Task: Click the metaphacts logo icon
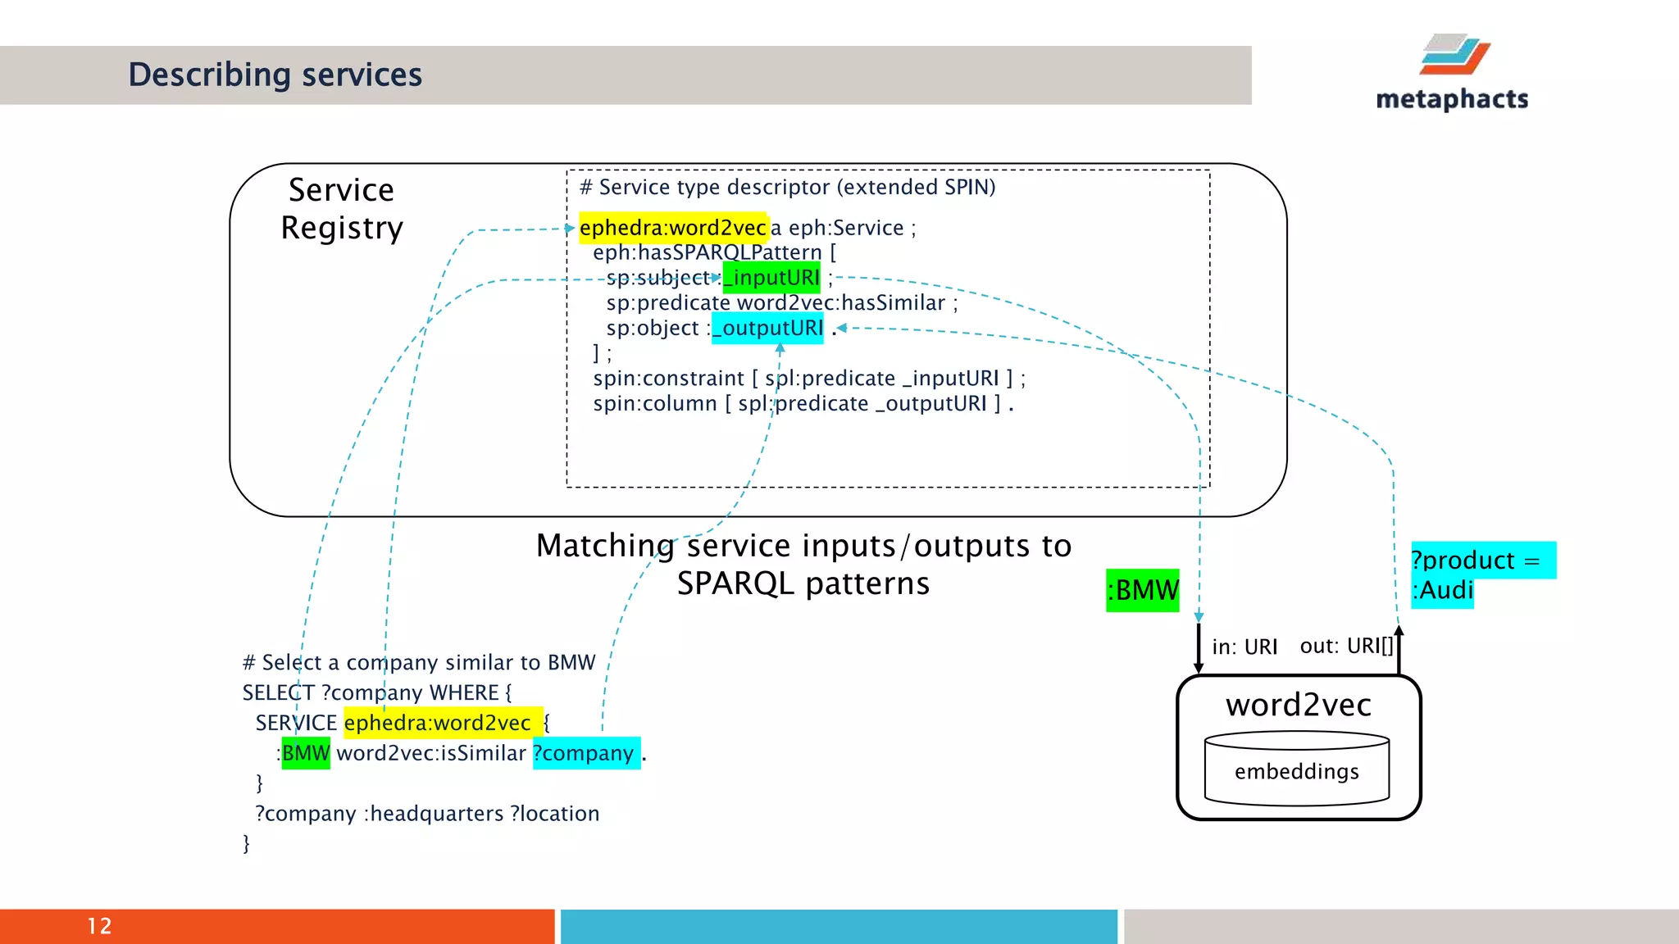pos(1454,54)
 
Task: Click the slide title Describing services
pos(275,75)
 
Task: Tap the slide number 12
pos(99,926)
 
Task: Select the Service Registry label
pos(342,209)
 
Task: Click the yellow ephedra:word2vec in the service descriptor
pos(672,228)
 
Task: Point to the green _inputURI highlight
pos(772,278)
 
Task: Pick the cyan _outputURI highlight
pos(768,328)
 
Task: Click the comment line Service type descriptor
pos(787,187)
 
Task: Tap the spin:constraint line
pos(808,379)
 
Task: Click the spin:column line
pos(803,404)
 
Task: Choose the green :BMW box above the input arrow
pos(1142,590)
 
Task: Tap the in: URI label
pos(1244,647)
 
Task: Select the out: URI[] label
pos(1346,647)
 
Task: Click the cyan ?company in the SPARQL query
pos(585,753)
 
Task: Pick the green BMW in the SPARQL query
pos(305,753)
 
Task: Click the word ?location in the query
pos(554,814)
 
